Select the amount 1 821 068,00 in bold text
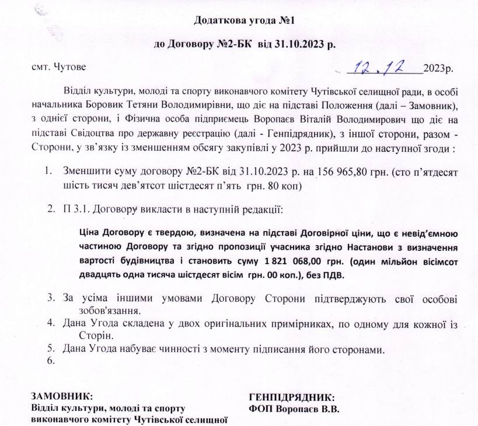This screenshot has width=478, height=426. coord(292,260)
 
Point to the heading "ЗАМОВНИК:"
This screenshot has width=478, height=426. coord(61,395)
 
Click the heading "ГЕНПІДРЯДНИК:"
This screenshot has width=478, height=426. coord(291,395)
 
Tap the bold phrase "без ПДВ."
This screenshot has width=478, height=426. coord(328,274)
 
